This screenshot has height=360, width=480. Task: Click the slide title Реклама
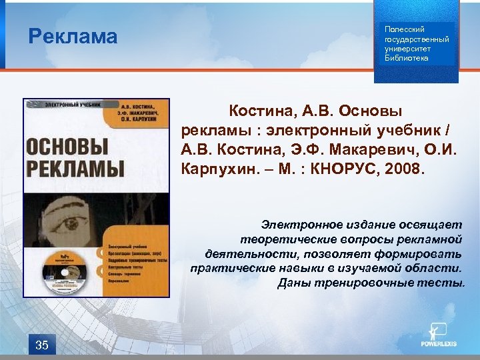[73, 36]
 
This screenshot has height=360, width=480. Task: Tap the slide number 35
[41, 345]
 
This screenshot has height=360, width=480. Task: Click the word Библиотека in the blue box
[407, 58]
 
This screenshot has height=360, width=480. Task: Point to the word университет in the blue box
[407, 49]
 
